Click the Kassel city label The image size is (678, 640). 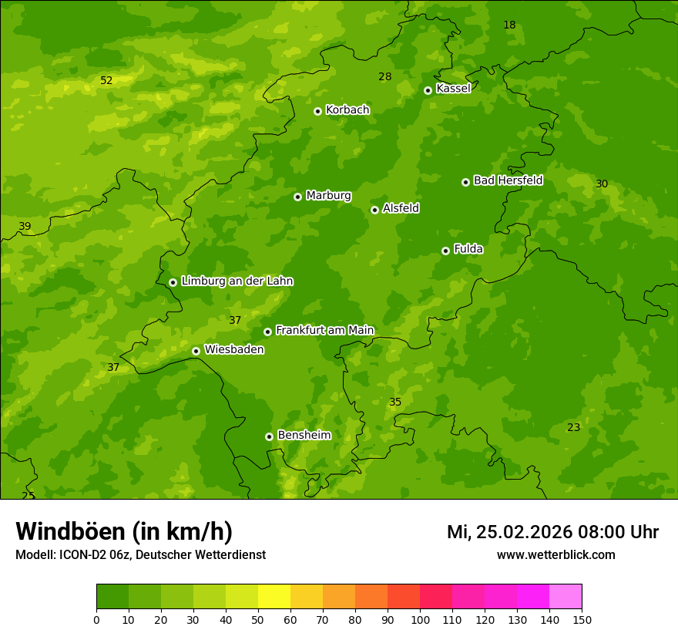453,89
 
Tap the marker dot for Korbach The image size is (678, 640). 317,111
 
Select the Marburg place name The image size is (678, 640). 328,196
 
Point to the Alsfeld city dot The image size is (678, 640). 374,210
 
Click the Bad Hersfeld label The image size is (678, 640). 508,180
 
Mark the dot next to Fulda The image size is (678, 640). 445,251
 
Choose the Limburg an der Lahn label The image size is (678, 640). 237,281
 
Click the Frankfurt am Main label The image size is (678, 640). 324,330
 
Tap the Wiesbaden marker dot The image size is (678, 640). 196,351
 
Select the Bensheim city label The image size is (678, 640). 304,435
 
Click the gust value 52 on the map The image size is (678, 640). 106,80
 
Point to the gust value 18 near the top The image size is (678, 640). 509,25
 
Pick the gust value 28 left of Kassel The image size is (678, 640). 385,76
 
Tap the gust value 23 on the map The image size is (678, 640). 573,427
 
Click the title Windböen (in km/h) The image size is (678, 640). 124,531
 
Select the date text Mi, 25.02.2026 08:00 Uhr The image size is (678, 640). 552,532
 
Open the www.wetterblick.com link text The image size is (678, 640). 555,554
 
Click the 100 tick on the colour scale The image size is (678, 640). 420,619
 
